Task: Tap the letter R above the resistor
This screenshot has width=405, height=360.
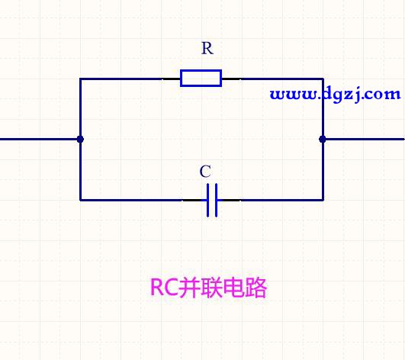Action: [207, 48]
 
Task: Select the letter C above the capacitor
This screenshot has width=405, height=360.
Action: [205, 172]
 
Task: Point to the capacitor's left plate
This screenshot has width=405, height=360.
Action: [207, 200]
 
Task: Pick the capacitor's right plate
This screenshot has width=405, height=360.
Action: [216, 200]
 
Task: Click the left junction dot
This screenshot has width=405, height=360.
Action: [80, 140]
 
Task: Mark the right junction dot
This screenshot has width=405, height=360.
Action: [323, 140]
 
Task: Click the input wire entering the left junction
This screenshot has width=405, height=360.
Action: [39, 140]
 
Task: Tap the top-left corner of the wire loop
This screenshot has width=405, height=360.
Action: [80, 79]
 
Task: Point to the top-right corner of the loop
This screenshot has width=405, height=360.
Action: [323, 79]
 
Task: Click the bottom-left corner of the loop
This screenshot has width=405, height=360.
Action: [80, 200]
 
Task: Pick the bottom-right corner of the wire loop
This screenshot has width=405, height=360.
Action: [323, 200]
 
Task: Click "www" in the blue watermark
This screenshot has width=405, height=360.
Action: [293, 95]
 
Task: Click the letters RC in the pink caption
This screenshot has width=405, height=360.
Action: [164, 288]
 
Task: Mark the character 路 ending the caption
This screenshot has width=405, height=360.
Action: [256, 288]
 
